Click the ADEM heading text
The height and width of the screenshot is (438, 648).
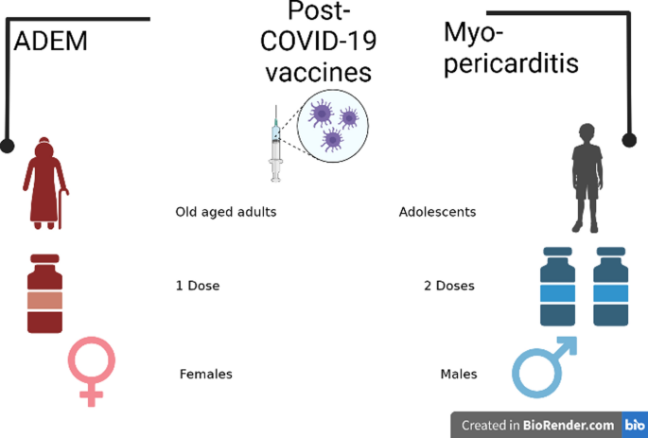[50, 42]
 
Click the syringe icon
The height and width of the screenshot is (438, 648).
[276, 144]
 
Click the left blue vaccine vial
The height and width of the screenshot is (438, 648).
[558, 289]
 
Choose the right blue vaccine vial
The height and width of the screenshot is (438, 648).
[610, 289]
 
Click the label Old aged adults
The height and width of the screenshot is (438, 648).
[226, 212]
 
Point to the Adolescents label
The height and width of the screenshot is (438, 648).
[437, 212]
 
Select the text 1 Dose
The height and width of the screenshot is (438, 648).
[198, 286]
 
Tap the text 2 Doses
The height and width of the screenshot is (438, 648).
[449, 286]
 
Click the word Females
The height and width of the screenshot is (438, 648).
[205, 375]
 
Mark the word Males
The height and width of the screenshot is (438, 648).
[459, 375]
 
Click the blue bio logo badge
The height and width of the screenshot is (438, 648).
[633, 426]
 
